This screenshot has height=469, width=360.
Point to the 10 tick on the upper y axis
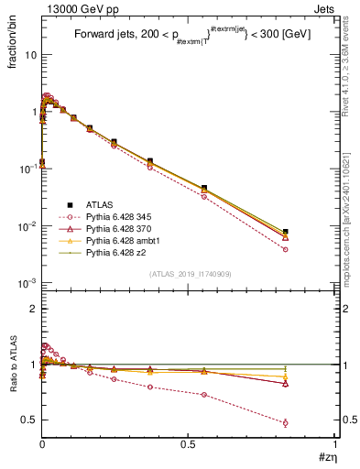click(29, 55)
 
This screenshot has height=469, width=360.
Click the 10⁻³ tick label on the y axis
click(27, 283)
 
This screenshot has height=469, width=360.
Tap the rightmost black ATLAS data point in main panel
click(286, 233)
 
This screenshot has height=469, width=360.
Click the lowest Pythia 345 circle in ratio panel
click(286, 423)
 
